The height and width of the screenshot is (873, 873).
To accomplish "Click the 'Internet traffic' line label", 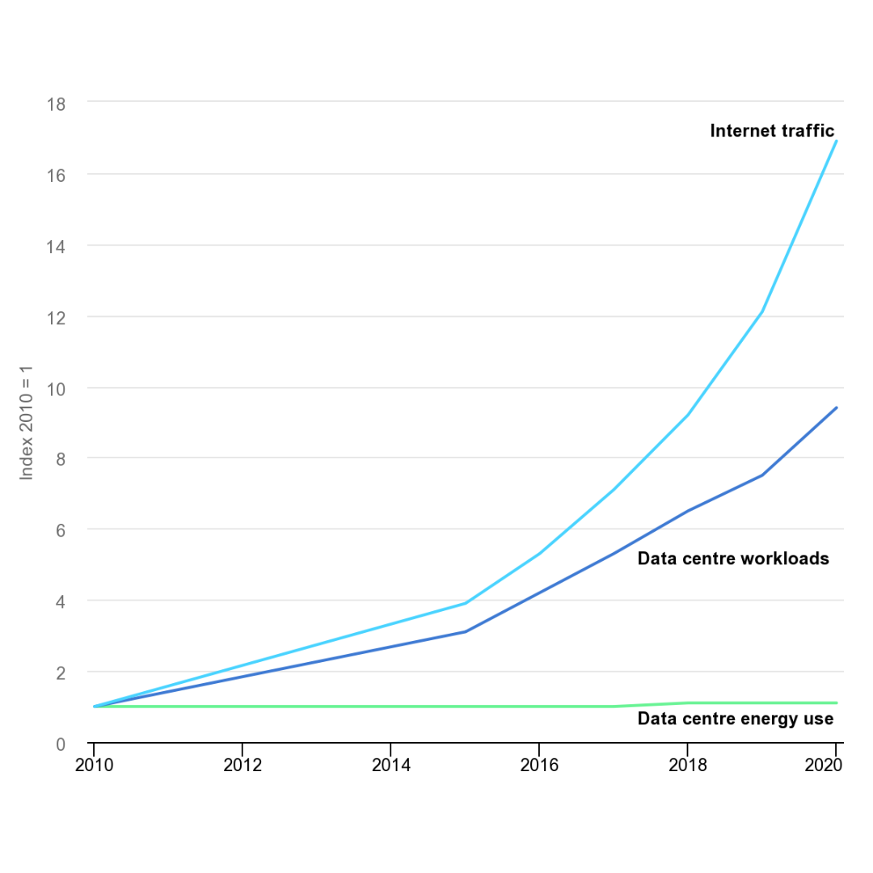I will tap(771, 131).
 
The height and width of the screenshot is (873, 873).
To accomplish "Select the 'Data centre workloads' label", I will tap(733, 559).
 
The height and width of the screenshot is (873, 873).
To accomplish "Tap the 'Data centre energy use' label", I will tap(735, 719).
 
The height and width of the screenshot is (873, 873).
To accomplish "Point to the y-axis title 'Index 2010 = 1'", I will tap(27, 424).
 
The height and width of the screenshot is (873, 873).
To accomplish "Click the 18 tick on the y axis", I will tap(55, 103).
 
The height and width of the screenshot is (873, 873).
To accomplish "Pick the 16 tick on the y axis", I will tap(55, 175).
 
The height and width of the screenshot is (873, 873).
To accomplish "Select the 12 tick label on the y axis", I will tap(55, 317).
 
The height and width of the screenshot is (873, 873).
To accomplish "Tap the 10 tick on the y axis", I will tap(55, 388).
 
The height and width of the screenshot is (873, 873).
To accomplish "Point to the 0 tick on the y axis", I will tap(60, 744).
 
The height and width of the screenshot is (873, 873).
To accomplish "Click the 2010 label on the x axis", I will tap(94, 765).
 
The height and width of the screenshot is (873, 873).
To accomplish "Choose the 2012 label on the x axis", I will tap(242, 765).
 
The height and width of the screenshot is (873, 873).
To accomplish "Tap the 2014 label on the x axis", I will tap(390, 765).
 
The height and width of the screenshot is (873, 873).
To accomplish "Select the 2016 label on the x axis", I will tap(539, 765).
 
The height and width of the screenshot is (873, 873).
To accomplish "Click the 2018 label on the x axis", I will tap(688, 765).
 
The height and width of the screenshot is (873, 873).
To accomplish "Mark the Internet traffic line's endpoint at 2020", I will tap(836, 141).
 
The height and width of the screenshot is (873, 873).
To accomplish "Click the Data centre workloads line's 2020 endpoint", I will tap(836, 408).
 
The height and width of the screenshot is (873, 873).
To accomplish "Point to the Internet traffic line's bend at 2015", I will tap(465, 603).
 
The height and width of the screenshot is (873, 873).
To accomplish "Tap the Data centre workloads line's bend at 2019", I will tap(761, 475).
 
